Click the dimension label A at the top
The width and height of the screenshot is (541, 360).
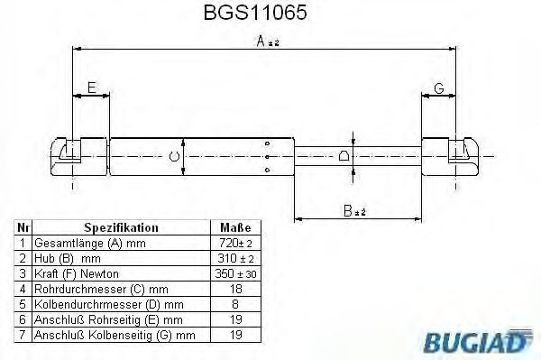(x=261, y=41)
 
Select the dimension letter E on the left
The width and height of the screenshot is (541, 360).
(x=90, y=88)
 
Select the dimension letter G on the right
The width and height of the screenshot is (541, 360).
(x=438, y=88)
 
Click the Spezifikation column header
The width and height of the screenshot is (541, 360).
(x=121, y=228)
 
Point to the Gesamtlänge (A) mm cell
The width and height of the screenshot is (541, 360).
(x=90, y=244)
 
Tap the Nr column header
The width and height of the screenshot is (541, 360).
(x=23, y=228)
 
